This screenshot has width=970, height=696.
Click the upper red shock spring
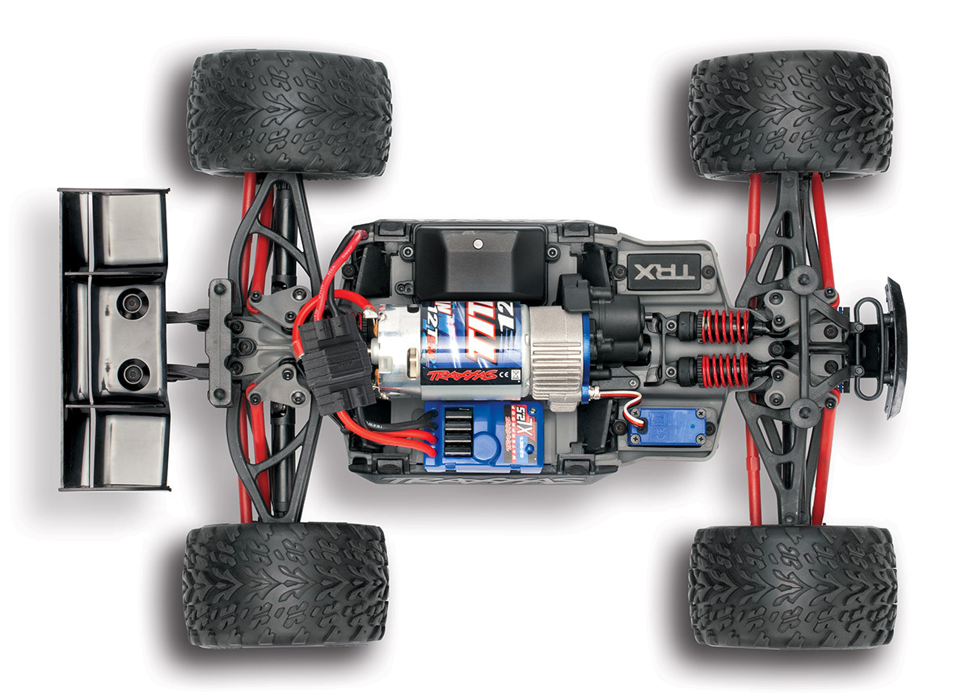[x=725, y=327]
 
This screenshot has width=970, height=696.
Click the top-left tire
[x=289, y=113]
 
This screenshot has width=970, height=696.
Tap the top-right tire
[x=790, y=114]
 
